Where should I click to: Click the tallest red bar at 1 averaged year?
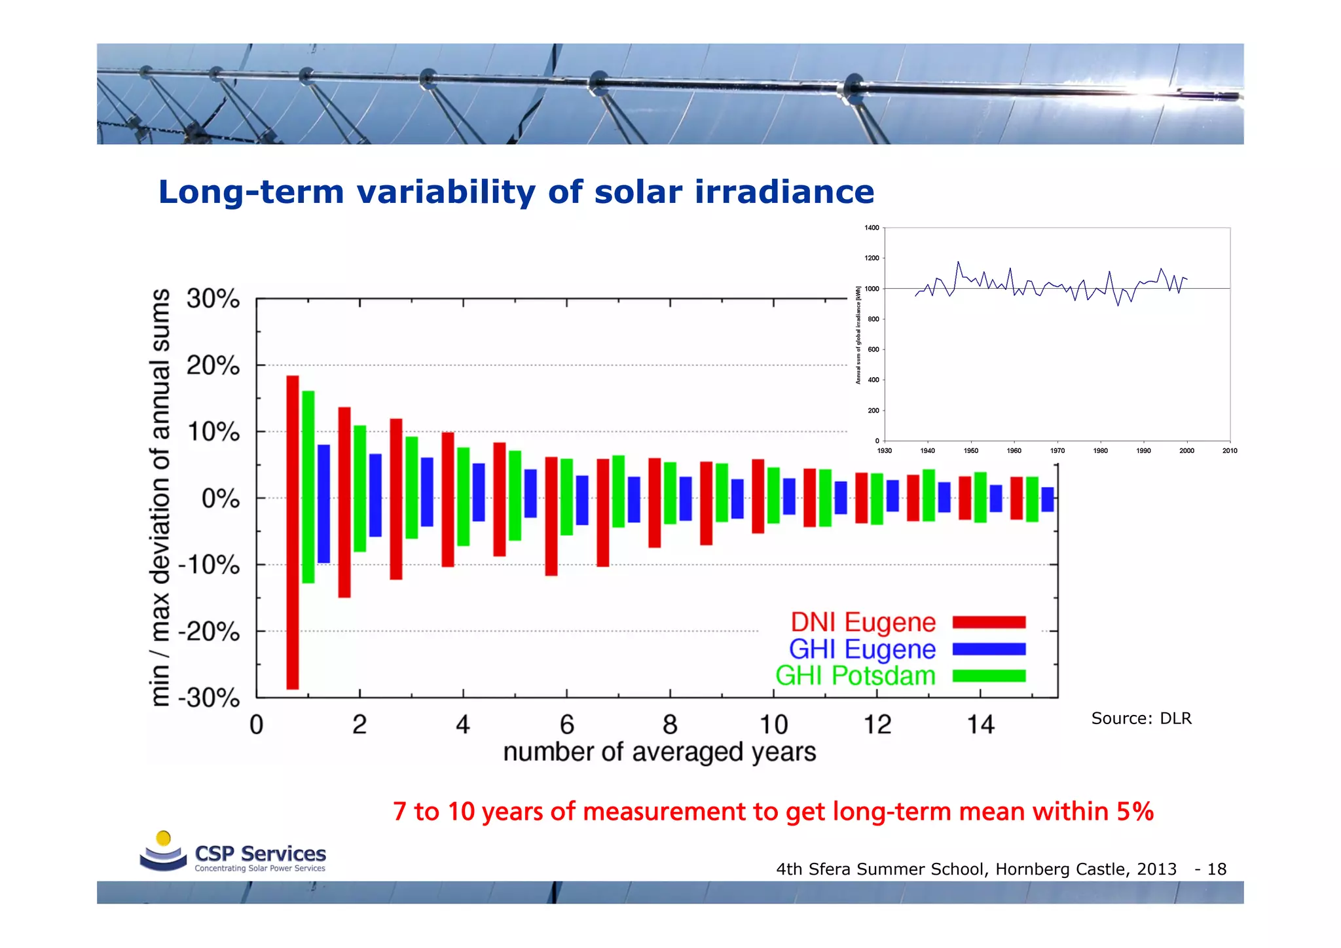click(x=293, y=532)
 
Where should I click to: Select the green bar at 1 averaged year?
click(x=308, y=486)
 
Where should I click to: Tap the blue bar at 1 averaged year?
click(x=323, y=503)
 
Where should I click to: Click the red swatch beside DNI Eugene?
click(x=988, y=622)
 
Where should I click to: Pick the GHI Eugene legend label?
click(x=862, y=649)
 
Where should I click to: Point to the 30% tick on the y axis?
click(x=213, y=299)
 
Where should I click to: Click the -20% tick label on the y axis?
click(x=209, y=632)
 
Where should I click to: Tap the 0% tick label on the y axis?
click(x=220, y=499)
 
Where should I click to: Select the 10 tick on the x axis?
click(x=773, y=725)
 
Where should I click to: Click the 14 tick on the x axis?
click(x=980, y=725)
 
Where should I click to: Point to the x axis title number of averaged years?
click(x=659, y=752)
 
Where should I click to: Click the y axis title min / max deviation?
click(x=161, y=498)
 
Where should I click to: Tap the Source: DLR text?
click(x=1141, y=718)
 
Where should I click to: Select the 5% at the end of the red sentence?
click(x=1135, y=812)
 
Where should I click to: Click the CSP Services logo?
click(x=233, y=854)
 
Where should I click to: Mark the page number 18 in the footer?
click(x=1217, y=869)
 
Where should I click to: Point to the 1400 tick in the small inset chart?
click(x=872, y=228)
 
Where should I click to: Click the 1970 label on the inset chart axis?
click(x=1057, y=450)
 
